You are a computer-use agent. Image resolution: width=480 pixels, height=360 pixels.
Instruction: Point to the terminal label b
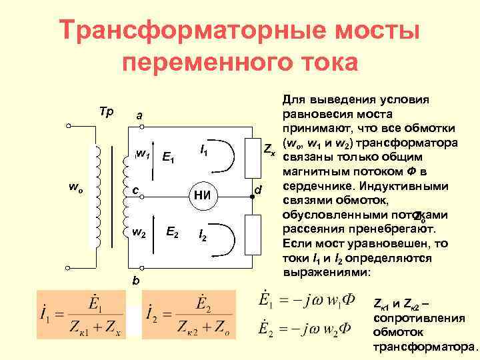[x=135, y=281]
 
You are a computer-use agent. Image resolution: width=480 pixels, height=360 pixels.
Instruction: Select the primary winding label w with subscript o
[x=75, y=187]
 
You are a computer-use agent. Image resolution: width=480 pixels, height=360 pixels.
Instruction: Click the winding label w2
[x=139, y=233]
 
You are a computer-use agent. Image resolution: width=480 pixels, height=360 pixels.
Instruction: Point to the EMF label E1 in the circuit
[x=169, y=158]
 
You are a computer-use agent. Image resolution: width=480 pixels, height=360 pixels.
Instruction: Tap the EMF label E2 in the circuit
[x=171, y=232]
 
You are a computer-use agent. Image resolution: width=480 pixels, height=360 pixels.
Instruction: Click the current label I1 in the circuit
[x=204, y=153]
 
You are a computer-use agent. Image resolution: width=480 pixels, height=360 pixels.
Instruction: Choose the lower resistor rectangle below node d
[x=253, y=233]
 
